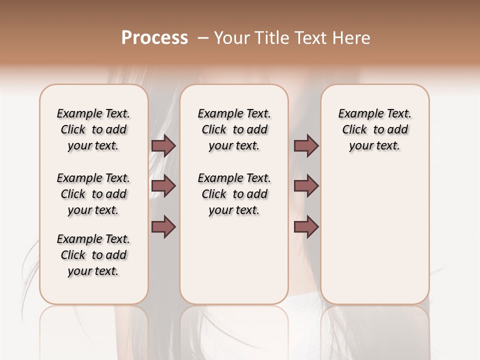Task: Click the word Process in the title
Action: click(x=154, y=38)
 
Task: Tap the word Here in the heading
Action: click(x=352, y=38)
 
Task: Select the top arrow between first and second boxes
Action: click(x=163, y=145)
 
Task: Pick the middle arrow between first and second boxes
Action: click(x=163, y=186)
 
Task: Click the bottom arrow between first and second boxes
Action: click(x=163, y=227)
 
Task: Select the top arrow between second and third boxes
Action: click(x=306, y=145)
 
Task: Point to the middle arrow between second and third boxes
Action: click(x=306, y=186)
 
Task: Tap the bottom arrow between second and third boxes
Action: click(x=306, y=227)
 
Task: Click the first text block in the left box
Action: click(x=93, y=129)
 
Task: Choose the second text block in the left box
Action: click(x=93, y=194)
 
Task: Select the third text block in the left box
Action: click(x=93, y=255)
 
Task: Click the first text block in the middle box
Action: click(x=234, y=129)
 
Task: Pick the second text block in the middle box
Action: click(x=234, y=194)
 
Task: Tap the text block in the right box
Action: click(x=375, y=129)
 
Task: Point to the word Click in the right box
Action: click(x=354, y=130)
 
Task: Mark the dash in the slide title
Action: click(x=203, y=38)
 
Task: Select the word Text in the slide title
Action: click(x=311, y=38)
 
